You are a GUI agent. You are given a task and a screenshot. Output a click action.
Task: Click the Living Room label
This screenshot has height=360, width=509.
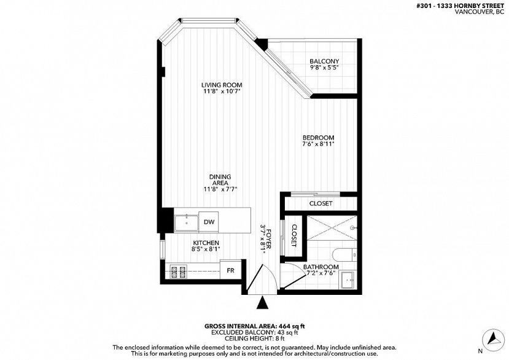pos(222,85)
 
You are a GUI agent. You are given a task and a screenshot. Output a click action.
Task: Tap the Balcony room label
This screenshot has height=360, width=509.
pos(324,61)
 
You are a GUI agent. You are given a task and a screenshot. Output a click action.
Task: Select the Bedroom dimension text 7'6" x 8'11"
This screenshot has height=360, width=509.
pos(318,144)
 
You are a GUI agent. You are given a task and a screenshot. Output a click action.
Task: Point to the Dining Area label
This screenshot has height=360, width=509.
pos(220,179)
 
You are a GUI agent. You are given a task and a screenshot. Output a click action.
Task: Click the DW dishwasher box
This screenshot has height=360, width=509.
pos(209,222)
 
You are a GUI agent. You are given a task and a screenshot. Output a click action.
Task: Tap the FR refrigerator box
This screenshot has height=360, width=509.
pos(230,270)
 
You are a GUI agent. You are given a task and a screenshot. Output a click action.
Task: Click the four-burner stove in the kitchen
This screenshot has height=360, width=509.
pos(178,272)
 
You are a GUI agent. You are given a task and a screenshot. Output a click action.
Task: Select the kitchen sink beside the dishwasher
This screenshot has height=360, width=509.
pos(186,223)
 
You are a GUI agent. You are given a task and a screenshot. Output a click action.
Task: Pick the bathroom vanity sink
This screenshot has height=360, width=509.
pos(349,279)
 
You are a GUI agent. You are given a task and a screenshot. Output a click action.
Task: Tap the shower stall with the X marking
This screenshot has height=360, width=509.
pos(332,228)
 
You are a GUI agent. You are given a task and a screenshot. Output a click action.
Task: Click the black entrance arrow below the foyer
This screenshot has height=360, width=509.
pos(263,302)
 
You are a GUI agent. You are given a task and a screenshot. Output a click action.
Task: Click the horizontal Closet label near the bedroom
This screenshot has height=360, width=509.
pos(321,203)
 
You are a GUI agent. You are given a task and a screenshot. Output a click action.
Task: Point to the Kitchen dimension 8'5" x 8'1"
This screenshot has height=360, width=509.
pos(206,249)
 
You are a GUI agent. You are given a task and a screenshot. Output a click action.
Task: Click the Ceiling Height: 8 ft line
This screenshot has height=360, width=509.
pos(254,339)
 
